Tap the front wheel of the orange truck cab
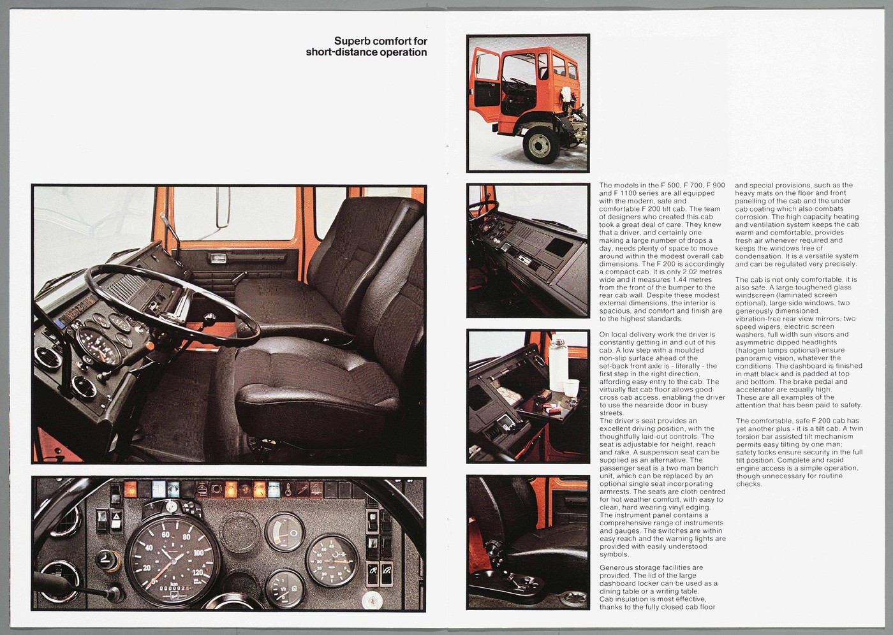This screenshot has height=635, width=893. [x=540, y=144]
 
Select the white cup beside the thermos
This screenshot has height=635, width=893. [x=573, y=387]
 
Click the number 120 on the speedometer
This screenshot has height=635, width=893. [x=199, y=572]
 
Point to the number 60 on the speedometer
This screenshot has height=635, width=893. [x=165, y=534]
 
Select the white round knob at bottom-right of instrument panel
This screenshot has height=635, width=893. [x=371, y=600]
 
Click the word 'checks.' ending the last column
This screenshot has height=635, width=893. [x=748, y=484]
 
